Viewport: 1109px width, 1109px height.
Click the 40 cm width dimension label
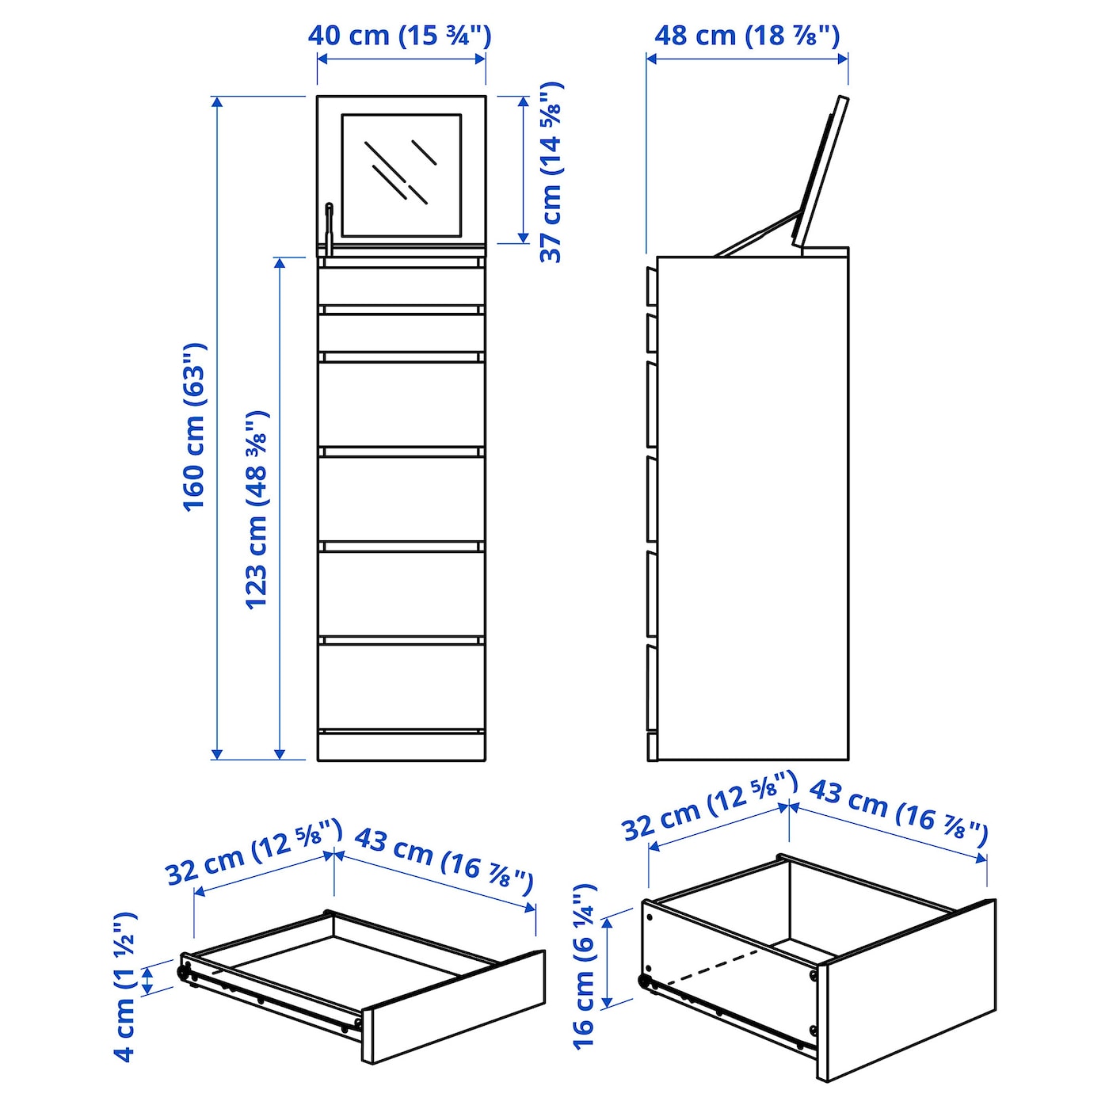(399, 36)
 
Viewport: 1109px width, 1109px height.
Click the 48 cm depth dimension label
(746, 36)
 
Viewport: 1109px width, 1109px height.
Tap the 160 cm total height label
(195, 428)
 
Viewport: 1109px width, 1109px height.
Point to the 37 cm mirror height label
(551, 172)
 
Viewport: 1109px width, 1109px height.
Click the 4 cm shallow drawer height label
(124, 986)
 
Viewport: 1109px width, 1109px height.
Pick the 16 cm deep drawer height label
(583, 966)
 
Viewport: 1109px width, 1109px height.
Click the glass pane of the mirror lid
(402, 174)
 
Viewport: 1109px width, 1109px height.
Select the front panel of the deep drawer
(906, 990)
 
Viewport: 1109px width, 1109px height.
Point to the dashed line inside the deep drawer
(713, 966)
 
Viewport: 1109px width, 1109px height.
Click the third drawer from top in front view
(402, 404)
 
